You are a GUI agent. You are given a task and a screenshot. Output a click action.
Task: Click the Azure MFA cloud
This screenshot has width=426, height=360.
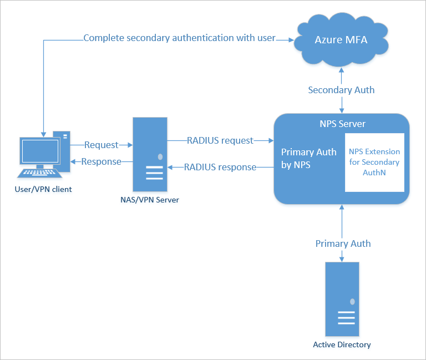[x=341, y=40]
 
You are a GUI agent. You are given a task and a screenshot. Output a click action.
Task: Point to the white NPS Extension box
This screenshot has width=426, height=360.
[x=374, y=162]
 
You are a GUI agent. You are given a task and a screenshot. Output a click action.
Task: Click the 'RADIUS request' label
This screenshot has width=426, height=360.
[x=220, y=140]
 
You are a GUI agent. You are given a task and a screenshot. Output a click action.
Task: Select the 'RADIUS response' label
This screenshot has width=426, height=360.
[x=220, y=166]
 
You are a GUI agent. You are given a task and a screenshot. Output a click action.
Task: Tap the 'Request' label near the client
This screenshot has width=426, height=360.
[x=102, y=145]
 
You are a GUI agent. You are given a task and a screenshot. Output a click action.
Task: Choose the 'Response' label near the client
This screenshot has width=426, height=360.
[x=101, y=161]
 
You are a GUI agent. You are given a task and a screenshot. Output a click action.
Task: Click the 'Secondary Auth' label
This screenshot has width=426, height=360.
[x=341, y=90]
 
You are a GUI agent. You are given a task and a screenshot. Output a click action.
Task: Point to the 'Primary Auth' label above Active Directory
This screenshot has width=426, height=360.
[x=343, y=244]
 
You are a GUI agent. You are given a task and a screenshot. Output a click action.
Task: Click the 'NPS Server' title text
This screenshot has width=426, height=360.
[x=342, y=123]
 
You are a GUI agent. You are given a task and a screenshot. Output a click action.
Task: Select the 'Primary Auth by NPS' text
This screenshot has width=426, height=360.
[x=308, y=158]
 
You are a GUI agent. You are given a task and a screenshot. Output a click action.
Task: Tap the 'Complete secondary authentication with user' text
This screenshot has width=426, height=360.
[x=179, y=39]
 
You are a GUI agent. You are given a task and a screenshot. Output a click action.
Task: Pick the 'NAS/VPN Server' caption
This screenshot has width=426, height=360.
[x=150, y=200]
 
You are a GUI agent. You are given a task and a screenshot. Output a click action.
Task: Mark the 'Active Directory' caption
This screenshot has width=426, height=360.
[x=342, y=344]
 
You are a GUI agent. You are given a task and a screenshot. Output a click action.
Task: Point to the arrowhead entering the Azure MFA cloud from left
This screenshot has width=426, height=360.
[x=291, y=39]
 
